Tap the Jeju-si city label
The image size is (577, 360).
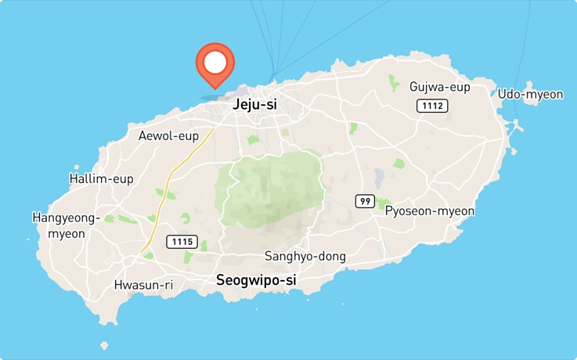254,104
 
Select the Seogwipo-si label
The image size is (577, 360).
256,279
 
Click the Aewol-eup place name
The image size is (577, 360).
168,136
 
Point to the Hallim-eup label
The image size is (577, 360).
101,179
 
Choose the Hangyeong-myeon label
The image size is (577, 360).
66,225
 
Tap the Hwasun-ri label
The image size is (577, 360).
143,285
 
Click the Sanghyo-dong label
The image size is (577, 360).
305,256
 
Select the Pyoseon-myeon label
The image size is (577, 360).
430,211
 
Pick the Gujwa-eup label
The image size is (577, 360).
440,87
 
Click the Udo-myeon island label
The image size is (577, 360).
530,94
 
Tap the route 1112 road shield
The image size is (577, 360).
431,106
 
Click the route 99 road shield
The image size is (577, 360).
364,201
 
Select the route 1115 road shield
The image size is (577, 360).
181,242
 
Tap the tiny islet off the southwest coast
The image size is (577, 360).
104,345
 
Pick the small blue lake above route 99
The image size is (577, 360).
379,178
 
